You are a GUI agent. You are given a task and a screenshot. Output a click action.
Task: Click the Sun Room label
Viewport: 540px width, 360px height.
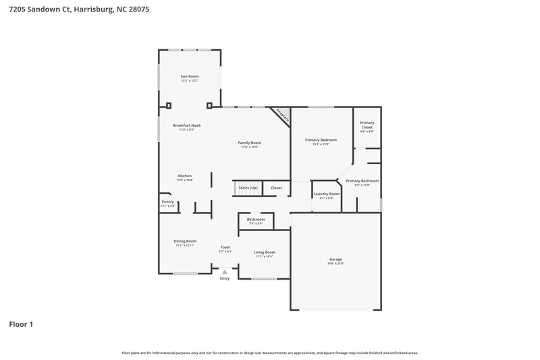click(x=189, y=76)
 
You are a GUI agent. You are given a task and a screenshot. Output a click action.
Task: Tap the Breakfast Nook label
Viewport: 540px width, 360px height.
click(x=186, y=125)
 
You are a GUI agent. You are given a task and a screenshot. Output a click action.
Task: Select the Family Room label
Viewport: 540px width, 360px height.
click(x=250, y=143)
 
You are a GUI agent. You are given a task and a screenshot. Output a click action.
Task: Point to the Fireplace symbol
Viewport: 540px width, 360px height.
click(x=282, y=115)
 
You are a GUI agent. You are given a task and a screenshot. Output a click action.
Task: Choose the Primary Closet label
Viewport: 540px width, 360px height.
click(x=367, y=125)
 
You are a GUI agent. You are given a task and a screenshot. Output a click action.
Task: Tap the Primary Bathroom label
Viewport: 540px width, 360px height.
click(x=362, y=181)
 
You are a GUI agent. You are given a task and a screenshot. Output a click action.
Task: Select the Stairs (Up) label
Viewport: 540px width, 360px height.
click(x=248, y=188)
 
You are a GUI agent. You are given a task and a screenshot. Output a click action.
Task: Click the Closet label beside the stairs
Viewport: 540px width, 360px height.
click(x=276, y=188)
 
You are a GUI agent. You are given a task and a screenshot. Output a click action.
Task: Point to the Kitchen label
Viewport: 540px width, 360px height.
click(x=185, y=176)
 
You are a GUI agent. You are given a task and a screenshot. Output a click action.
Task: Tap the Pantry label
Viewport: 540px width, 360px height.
click(x=167, y=201)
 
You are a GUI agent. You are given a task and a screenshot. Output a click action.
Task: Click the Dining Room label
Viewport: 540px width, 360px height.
click(x=185, y=241)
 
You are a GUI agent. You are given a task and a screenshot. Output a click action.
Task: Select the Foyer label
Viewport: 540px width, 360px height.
click(x=225, y=247)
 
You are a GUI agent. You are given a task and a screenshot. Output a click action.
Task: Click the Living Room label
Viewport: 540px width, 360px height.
click(x=264, y=252)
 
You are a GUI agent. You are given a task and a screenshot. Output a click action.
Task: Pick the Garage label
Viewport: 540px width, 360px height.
click(x=335, y=259)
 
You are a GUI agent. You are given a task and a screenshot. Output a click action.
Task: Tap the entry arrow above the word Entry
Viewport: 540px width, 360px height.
click(x=225, y=272)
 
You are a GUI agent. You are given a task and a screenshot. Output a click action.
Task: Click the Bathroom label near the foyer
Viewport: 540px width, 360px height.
click(x=256, y=219)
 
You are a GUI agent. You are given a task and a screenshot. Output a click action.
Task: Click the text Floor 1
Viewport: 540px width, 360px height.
click(x=21, y=324)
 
